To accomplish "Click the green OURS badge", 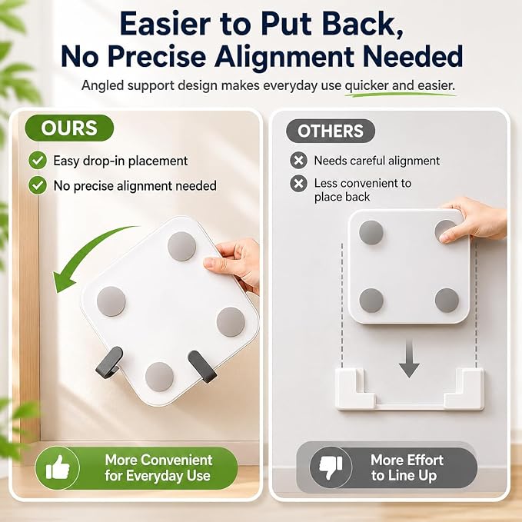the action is [69, 128].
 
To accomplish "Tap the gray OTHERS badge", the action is [331, 131].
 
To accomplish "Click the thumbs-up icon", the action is [58, 467].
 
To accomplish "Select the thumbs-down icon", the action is [331, 467].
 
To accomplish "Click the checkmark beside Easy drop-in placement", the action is [38, 160].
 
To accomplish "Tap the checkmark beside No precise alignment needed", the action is [38, 185].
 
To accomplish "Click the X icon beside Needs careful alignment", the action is [298, 160].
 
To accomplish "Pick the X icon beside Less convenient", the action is [298, 184].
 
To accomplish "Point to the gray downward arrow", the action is [409, 359].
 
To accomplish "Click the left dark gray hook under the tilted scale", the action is [109, 363].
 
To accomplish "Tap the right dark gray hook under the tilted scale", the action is [202, 367].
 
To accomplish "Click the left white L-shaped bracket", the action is [355, 388].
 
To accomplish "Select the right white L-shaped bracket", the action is [464, 388].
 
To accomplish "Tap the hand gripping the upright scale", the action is [473, 220].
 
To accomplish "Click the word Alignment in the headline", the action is [284, 56].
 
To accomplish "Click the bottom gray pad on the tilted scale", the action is [159, 377].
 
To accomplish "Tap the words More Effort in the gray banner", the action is [407, 460].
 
